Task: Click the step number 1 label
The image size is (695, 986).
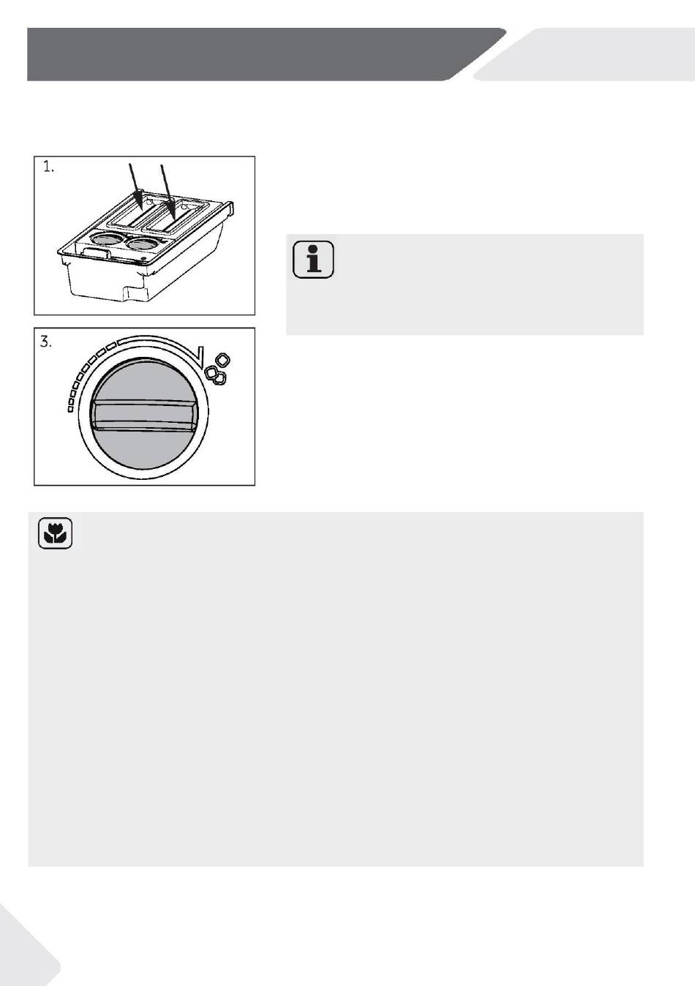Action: click(48, 168)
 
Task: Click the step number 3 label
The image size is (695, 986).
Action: click(46, 342)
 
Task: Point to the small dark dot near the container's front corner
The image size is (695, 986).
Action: click(143, 258)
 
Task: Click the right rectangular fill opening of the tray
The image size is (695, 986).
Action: click(173, 217)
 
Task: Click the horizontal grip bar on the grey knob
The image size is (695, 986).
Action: click(143, 415)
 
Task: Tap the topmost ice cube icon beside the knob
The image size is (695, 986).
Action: click(223, 360)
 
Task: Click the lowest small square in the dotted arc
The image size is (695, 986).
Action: click(70, 410)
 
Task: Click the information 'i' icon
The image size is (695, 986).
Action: click(313, 259)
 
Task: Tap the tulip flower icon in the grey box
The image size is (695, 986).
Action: click(55, 533)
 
